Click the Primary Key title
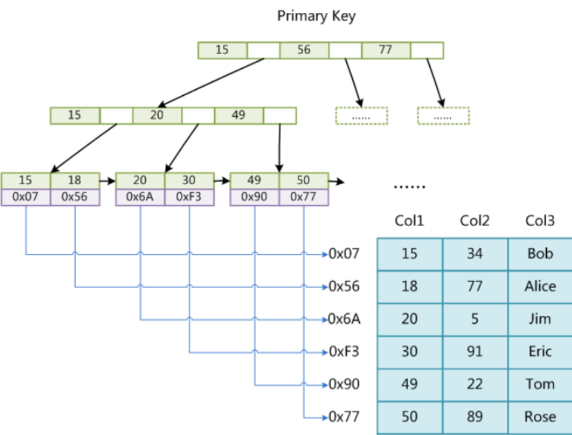(316, 16)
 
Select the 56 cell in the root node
(304, 50)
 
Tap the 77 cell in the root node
(386, 50)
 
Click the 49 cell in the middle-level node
(239, 116)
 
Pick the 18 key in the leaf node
(74, 181)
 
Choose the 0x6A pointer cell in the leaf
(140, 197)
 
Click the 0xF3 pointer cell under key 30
(189, 197)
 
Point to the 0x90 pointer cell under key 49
(254, 197)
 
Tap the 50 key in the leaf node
(304, 181)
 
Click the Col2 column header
(475, 221)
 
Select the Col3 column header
(540, 221)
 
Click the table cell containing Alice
(540, 286)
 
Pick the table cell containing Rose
(540, 417)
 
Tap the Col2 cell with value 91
(475, 352)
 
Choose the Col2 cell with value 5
(475, 319)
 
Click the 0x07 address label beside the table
(344, 253)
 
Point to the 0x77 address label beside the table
(344, 417)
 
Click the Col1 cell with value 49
(409, 385)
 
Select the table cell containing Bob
(540, 253)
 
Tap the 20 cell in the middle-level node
(157, 116)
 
